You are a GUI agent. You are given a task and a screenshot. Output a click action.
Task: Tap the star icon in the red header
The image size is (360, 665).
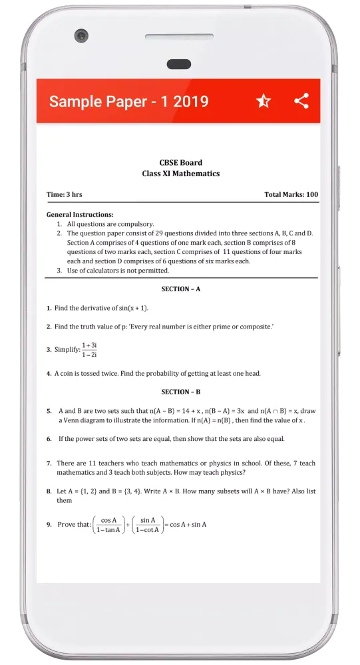click(263, 101)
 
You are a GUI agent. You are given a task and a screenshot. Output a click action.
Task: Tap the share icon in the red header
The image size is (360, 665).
click(301, 101)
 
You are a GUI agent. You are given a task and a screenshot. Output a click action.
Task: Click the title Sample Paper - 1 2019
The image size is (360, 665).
click(128, 101)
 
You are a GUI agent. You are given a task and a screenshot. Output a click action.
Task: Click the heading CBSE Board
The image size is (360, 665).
click(180, 162)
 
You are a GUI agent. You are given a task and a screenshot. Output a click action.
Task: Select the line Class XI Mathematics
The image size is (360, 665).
click(180, 174)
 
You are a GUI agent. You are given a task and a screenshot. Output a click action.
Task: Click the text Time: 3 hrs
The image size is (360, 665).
click(64, 195)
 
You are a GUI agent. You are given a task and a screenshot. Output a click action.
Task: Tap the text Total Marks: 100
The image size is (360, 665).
click(291, 195)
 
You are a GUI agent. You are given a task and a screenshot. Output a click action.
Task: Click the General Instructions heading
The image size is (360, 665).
click(79, 215)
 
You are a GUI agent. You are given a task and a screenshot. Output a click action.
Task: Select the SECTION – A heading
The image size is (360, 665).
click(180, 289)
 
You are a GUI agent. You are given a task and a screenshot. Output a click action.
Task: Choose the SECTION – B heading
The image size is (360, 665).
click(180, 392)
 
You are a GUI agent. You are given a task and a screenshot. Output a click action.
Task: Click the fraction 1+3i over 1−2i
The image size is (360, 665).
click(90, 350)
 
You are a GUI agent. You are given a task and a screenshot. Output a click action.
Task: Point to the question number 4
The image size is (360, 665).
click(49, 374)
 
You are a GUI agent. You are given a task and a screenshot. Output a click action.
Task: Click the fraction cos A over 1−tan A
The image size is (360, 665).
click(108, 525)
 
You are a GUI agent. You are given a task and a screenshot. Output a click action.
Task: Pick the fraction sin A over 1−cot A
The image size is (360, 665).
click(148, 525)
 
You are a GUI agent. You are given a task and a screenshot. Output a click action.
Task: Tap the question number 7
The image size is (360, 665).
click(49, 463)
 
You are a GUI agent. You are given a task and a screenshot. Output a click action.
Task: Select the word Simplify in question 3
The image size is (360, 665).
click(67, 350)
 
